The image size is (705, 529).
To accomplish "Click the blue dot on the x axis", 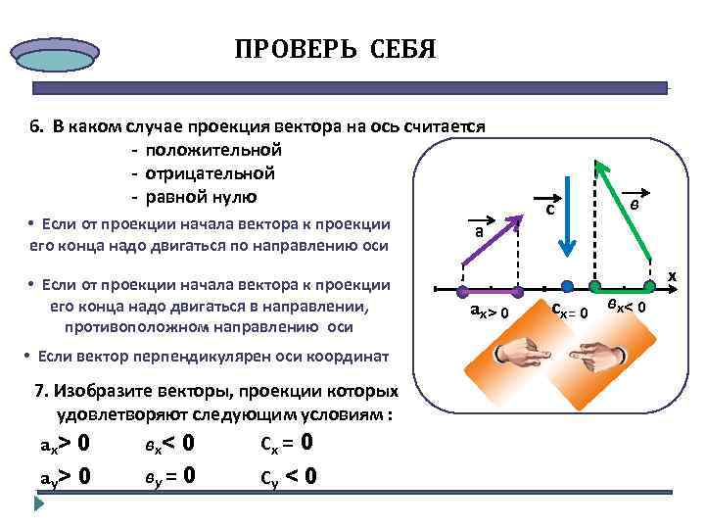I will [567, 287].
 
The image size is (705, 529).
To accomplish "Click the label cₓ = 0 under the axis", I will [568, 313].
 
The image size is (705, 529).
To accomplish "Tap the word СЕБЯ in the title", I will [402, 49].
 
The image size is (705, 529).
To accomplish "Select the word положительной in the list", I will [212, 150].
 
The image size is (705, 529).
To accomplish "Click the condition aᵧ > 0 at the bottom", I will [66, 476].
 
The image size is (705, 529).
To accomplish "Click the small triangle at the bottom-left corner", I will [39, 505].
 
